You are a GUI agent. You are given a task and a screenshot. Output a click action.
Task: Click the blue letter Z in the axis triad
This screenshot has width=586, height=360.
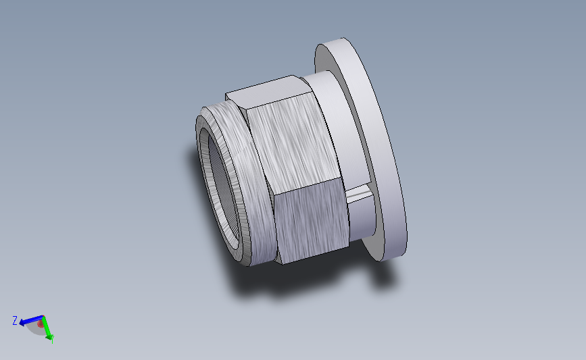(14, 321)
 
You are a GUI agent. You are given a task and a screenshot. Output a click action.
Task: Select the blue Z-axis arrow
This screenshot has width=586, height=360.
(27, 321)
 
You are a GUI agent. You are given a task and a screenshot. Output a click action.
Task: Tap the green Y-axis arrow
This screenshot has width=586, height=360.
(47, 330)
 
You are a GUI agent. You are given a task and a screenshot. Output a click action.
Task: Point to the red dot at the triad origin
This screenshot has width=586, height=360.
(41, 324)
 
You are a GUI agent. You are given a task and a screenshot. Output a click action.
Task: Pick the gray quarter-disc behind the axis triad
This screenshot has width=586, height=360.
(36, 329)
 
